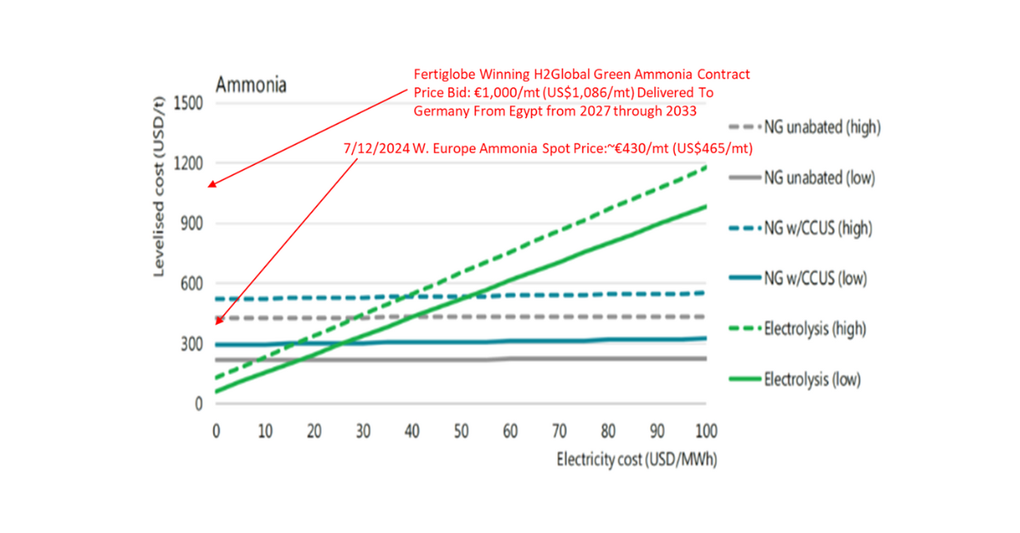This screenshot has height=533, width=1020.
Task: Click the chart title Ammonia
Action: click(x=251, y=85)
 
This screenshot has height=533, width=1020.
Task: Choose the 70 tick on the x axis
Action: click(x=558, y=430)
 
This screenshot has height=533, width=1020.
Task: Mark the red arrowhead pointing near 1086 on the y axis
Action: click(x=212, y=184)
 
